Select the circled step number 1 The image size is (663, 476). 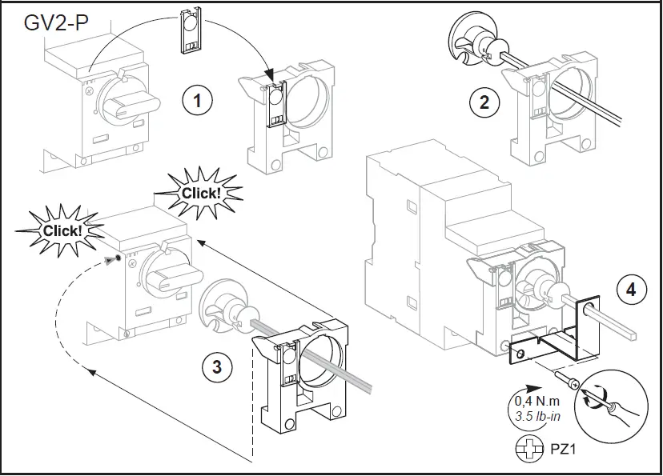pyautogui.click(x=198, y=101)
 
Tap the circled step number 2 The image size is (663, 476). pyautogui.click(x=484, y=101)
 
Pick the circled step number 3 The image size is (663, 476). pyautogui.click(x=217, y=367)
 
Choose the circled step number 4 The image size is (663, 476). pyautogui.click(x=632, y=290)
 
